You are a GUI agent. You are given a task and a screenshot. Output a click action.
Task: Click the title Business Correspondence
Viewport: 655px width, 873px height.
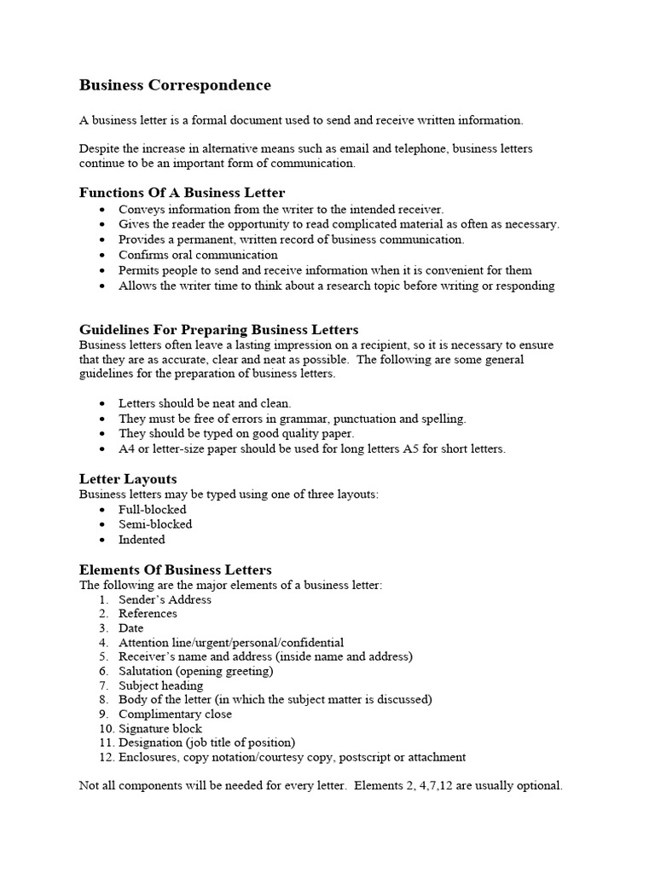175,85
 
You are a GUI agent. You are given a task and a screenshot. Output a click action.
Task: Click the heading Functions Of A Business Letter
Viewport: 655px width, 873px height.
182,193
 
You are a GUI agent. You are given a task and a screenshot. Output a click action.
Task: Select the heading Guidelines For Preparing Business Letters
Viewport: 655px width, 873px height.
218,329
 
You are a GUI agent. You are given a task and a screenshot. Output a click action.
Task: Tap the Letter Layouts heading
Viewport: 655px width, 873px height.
128,479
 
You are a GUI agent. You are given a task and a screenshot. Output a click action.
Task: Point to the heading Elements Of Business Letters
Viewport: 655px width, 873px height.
175,569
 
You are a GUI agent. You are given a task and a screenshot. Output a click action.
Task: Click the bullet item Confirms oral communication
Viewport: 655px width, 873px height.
198,255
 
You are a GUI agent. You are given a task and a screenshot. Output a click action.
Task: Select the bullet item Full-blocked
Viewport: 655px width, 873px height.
152,510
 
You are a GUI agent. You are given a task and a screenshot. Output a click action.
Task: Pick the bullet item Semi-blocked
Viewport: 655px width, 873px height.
155,524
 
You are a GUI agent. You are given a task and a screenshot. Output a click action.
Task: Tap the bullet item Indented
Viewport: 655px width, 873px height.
142,540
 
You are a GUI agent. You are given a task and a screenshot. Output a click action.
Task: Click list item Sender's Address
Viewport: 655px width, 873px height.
165,599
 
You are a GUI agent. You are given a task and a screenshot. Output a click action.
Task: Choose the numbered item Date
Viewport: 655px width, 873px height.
130,628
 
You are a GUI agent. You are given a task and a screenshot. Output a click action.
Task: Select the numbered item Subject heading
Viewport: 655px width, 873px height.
160,685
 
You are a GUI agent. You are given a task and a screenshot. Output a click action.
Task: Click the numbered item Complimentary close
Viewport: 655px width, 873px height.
175,714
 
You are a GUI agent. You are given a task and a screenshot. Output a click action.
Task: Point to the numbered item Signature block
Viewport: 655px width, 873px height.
160,729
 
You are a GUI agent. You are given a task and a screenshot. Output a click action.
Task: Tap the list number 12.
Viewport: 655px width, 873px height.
106,757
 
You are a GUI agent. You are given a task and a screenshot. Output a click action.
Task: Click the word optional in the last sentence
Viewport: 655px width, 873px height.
539,786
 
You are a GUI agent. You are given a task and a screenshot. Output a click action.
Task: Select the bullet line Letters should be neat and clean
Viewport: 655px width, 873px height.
205,403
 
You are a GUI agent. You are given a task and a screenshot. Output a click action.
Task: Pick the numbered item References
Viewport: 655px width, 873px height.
148,614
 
